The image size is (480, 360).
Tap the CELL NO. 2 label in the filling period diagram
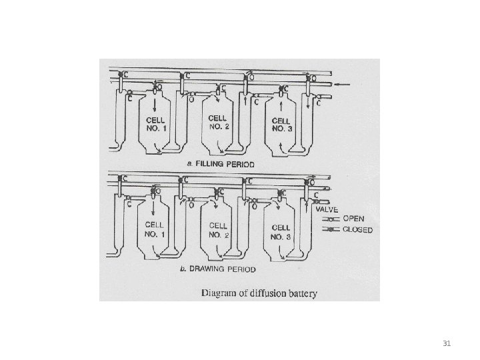[x=218, y=121]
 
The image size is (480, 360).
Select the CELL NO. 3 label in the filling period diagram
[x=281, y=125]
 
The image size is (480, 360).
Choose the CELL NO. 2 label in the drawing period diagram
[x=218, y=230]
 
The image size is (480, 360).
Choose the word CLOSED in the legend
[x=357, y=230]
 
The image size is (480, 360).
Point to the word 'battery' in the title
[x=301, y=292]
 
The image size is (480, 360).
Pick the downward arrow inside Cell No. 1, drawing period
[x=155, y=211]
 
